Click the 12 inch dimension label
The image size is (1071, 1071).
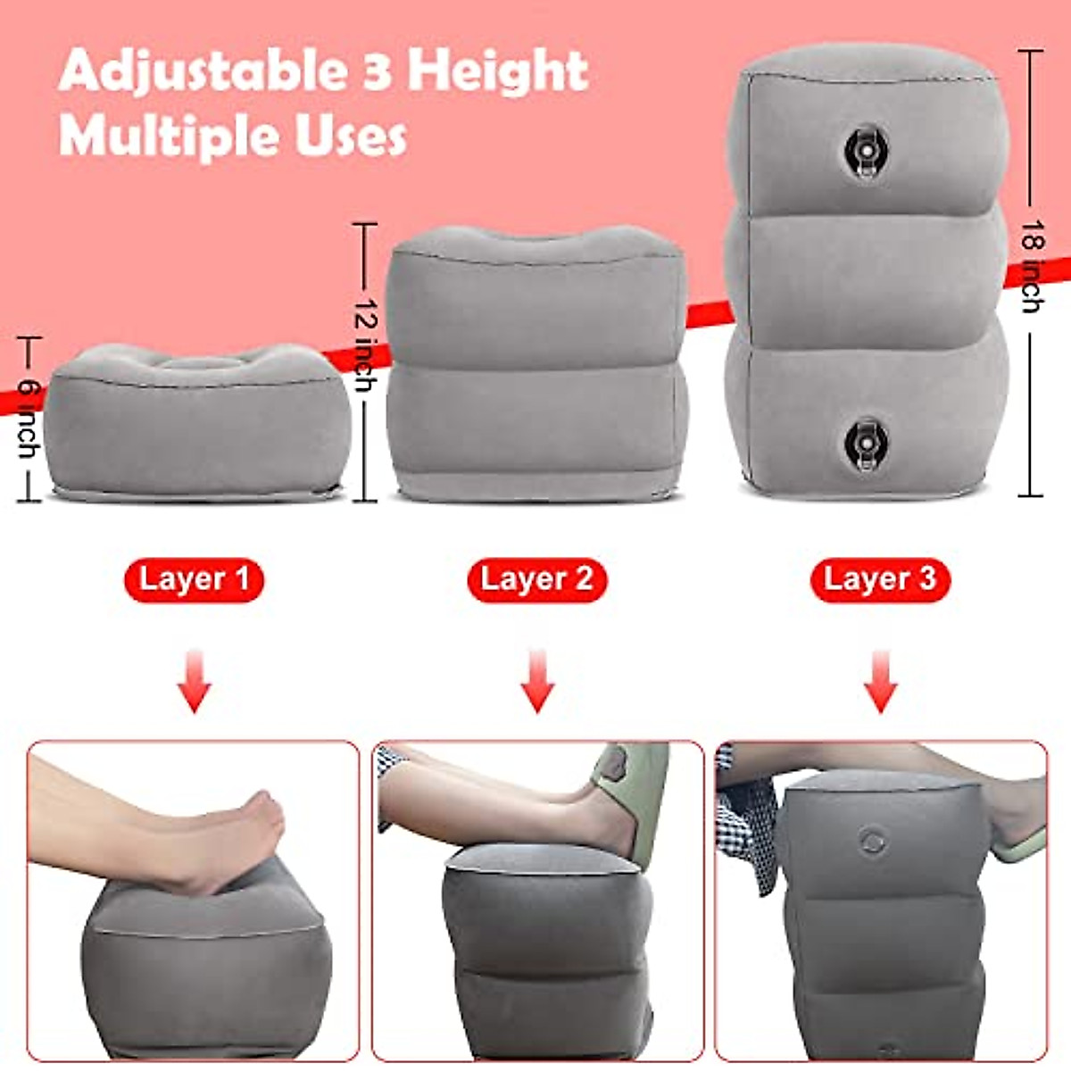364,343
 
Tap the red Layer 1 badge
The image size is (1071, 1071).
194,579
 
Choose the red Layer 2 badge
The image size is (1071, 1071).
536,579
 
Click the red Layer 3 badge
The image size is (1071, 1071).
880,579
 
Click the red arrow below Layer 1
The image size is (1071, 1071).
194,683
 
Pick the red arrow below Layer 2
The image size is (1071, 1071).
536,683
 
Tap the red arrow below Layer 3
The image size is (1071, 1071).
880,683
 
